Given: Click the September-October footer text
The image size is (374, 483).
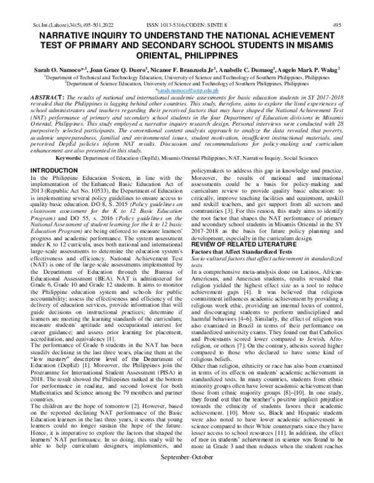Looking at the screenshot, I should tap(187, 473).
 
